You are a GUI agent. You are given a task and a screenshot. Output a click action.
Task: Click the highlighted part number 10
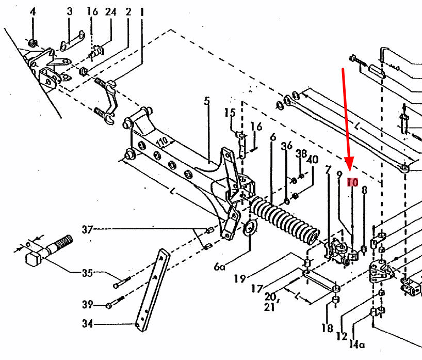(352, 182)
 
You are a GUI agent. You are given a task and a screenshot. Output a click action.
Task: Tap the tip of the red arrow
(350, 171)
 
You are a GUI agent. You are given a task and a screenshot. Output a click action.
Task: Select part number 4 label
(33, 12)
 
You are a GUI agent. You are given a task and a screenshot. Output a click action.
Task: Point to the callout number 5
(207, 101)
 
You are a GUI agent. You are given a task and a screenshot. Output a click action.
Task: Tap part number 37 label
(87, 230)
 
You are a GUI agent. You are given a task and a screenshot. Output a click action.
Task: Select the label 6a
(219, 267)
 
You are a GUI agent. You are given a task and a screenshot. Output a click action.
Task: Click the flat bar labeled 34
(153, 290)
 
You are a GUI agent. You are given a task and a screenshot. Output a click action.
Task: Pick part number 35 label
(88, 273)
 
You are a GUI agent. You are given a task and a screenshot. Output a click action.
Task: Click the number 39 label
(88, 305)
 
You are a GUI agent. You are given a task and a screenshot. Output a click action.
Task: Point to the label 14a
(357, 344)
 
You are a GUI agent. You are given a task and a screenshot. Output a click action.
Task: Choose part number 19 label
(240, 278)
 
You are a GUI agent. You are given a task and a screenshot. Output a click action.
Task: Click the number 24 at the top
(110, 12)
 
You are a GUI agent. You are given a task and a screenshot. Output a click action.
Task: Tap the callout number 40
(313, 160)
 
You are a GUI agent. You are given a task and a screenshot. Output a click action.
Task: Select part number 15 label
(230, 113)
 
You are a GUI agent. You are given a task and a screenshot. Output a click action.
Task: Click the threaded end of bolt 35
(64, 242)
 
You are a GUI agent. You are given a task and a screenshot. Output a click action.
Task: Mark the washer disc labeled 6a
(250, 228)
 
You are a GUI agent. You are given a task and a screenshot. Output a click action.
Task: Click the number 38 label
(301, 153)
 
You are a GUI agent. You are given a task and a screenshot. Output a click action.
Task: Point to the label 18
(327, 328)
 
